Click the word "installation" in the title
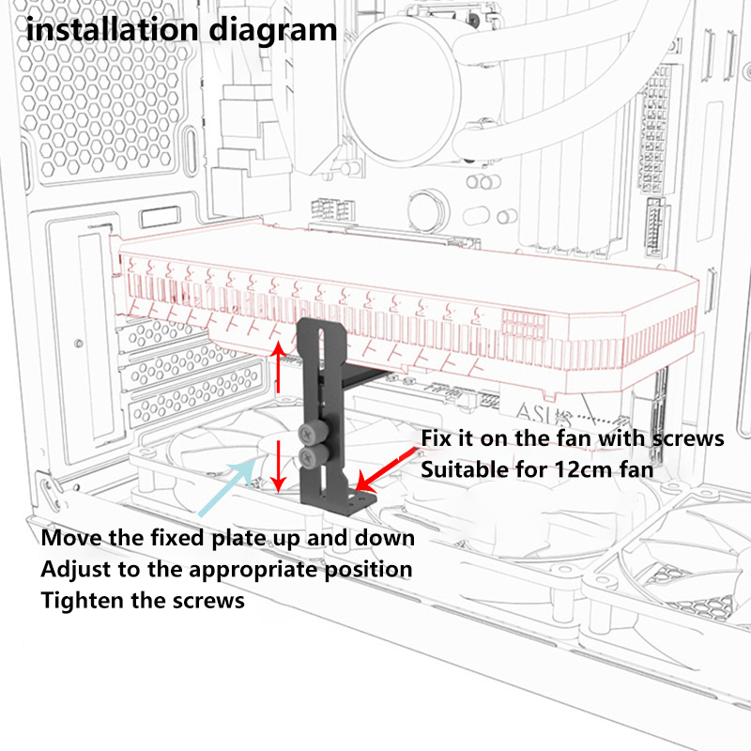pyautogui.click(x=112, y=29)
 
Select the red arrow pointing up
pyautogui.click(x=278, y=366)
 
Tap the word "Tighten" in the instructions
pyautogui.click(x=83, y=601)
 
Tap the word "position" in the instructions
pyautogui.click(x=368, y=570)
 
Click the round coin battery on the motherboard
pyautogui.click(x=427, y=209)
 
